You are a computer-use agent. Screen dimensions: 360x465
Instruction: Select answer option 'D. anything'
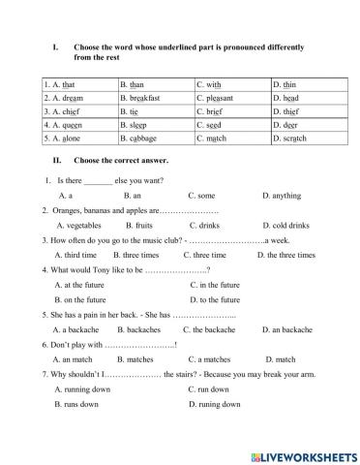tap(281, 196)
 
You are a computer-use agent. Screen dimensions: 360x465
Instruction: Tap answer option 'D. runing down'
tap(214, 404)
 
